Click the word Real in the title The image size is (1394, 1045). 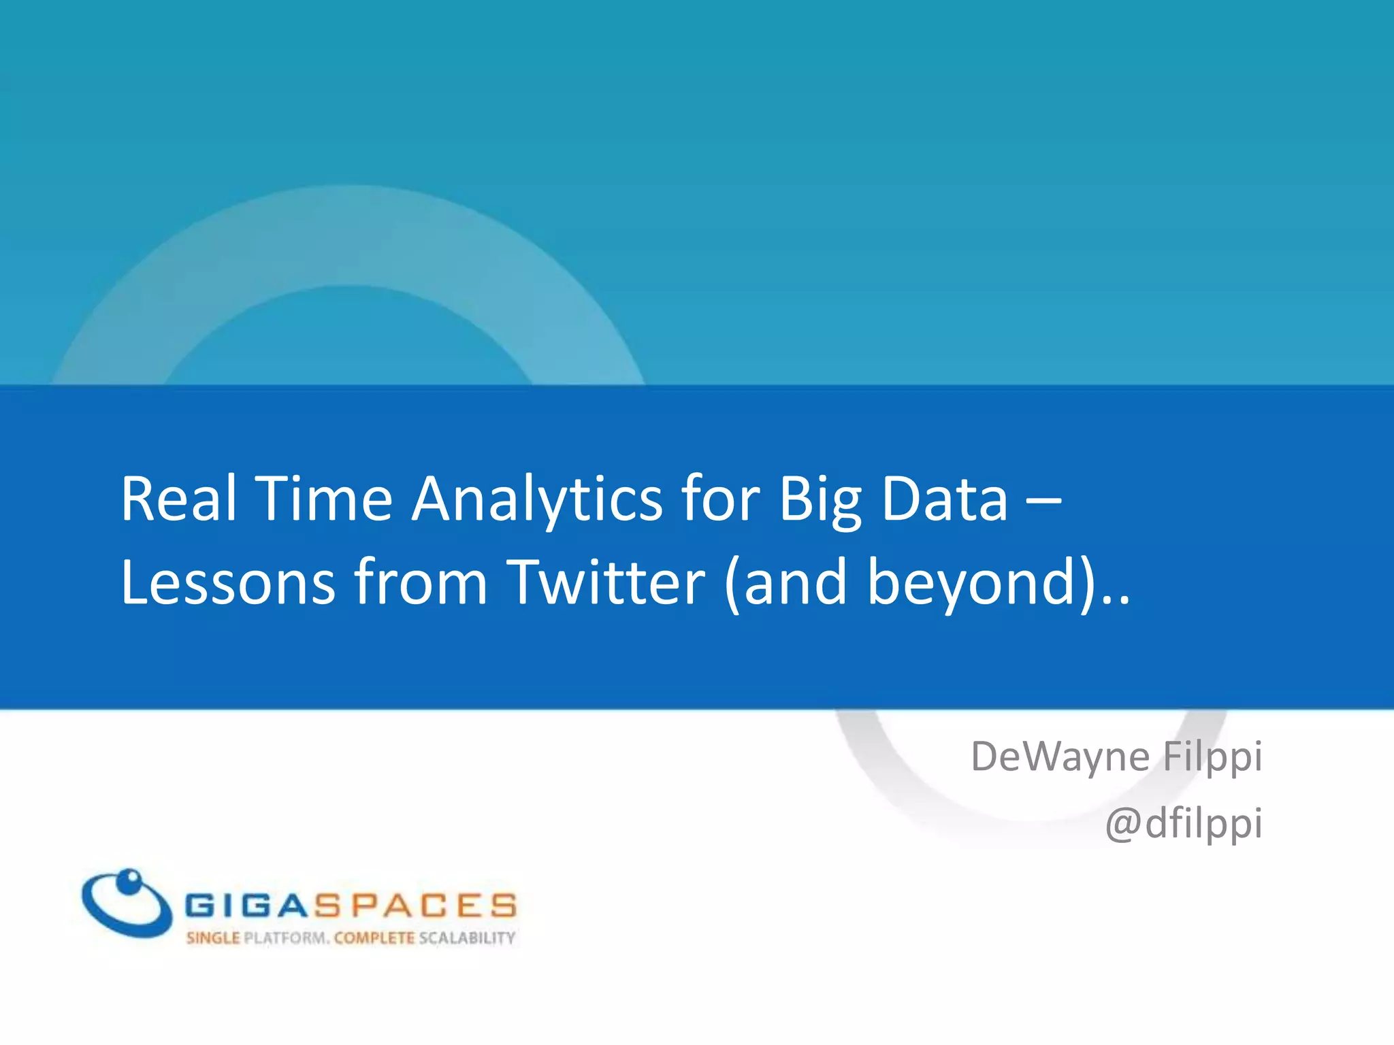(178, 499)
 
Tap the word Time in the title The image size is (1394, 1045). (324, 499)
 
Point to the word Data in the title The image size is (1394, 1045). (944, 499)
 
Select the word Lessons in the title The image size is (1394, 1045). (228, 582)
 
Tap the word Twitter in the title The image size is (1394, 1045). (606, 582)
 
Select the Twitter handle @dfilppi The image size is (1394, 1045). (1184, 824)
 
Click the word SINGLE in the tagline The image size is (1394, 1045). (213, 938)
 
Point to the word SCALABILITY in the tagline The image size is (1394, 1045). (467, 938)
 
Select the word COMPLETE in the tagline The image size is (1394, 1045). (374, 938)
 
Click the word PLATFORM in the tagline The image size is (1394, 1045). (287, 938)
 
